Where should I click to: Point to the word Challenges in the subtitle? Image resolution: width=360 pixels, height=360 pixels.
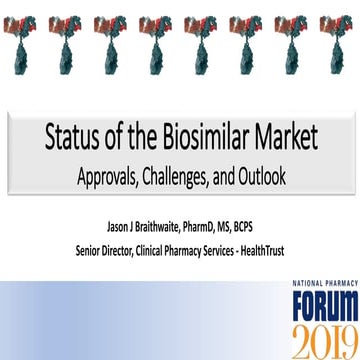193,175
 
